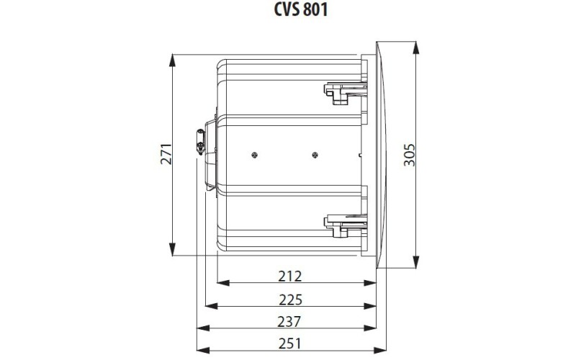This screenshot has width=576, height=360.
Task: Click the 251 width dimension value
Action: (x=289, y=344)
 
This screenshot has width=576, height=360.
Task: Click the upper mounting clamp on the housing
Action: (x=341, y=92)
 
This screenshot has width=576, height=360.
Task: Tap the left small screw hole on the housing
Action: (x=255, y=154)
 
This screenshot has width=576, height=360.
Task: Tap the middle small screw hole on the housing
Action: (x=315, y=154)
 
